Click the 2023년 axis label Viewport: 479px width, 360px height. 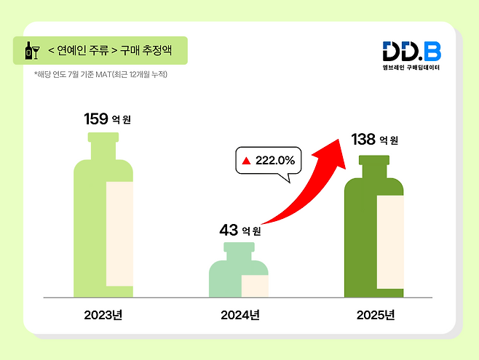coord(103,315)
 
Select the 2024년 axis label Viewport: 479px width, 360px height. coord(239,315)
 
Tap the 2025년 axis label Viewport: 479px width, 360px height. coord(376,315)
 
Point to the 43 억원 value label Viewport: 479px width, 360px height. coord(239,231)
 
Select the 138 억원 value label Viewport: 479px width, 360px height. coord(374,140)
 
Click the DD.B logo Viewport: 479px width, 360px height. coord(411,51)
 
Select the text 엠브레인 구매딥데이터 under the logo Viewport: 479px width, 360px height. coord(412,68)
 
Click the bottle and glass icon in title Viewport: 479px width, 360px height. coord(32,51)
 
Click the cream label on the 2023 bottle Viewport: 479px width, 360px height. coord(119,239)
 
